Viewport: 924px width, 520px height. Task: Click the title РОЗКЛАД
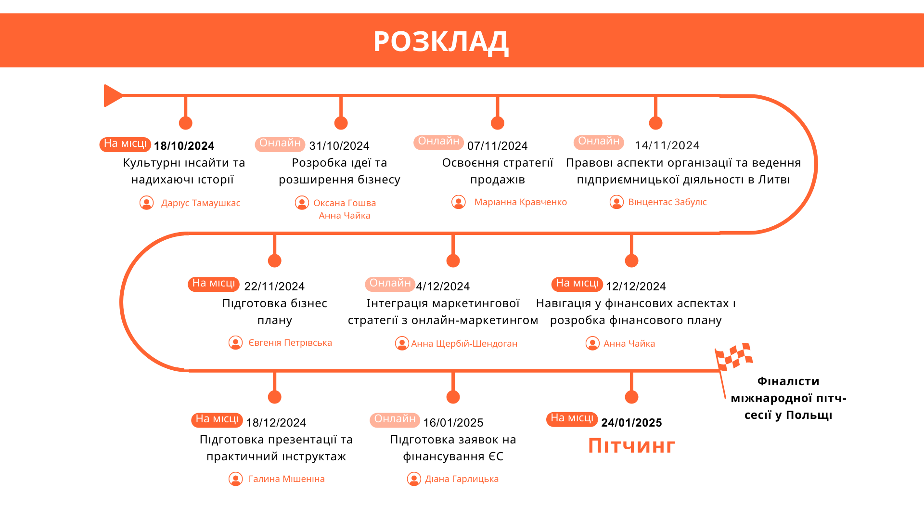441,41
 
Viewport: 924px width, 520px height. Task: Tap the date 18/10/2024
184,146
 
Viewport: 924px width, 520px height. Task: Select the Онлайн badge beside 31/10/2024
280,144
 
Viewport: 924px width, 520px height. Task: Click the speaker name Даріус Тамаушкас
201,203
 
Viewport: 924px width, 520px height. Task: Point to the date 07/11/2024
497,146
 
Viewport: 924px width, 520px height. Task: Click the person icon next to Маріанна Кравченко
459,202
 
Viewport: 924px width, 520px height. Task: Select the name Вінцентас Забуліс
667,202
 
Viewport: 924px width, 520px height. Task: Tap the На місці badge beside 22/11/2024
214,284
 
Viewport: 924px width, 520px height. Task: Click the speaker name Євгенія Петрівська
290,343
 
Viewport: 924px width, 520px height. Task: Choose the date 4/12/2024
443,286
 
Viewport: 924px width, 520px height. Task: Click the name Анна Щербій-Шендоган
464,344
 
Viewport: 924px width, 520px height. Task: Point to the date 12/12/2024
636,286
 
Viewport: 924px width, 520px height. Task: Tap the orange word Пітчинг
632,446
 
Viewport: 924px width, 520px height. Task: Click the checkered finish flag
733,357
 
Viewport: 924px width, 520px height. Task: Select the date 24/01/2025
631,423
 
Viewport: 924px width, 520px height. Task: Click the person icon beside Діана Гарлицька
414,479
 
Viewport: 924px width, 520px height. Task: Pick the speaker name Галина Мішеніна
287,479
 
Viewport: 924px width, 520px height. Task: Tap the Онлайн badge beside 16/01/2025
395,420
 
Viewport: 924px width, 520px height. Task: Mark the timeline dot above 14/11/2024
655,123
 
